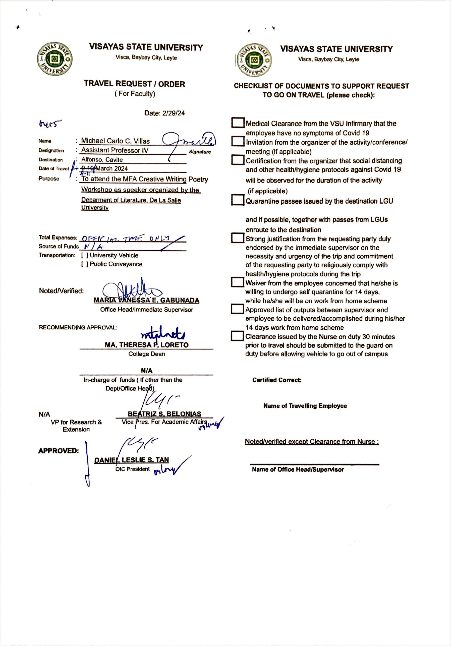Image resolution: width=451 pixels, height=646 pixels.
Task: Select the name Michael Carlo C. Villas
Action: pos(115,141)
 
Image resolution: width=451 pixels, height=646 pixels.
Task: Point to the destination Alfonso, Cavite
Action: pos(102,159)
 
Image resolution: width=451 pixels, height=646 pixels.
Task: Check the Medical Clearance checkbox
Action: pos(238,123)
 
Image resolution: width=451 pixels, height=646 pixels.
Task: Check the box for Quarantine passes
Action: pos(238,200)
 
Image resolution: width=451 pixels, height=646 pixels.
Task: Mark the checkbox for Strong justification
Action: pos(238,238)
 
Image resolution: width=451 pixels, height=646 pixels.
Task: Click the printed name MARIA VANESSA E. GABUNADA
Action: pos(146,300)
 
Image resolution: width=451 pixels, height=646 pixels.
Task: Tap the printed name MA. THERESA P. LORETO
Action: pos(146,345)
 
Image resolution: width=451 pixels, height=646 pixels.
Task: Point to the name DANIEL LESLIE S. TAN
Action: pos(131,460)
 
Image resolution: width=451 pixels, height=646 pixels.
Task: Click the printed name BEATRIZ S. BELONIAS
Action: pos(164,414)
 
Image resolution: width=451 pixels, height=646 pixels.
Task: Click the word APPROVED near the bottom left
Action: pos(58,451)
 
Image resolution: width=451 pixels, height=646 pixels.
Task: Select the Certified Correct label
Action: pos(277,380)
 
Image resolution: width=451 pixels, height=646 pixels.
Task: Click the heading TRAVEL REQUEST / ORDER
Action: pos(135,84)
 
